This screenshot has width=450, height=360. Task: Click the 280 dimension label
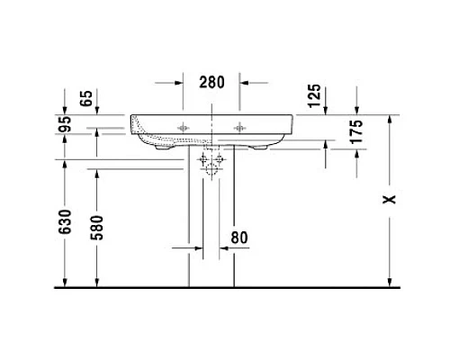(x=211, y=82)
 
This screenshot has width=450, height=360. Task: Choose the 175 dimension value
(x=356, y=133)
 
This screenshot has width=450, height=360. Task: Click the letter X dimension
(x=389, y=199)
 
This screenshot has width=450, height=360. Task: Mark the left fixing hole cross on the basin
(x=185, y=127)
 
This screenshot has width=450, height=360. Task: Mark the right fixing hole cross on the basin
(x=240, y=127)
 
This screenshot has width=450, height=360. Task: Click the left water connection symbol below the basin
(x=205, y=161)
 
